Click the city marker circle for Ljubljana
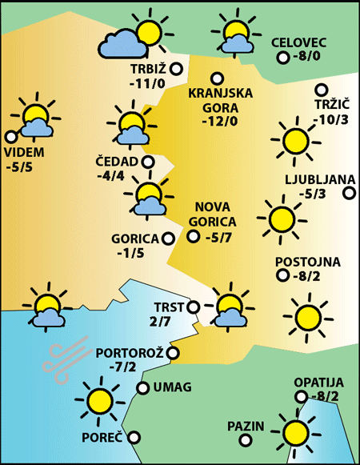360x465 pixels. (x=349, y=193)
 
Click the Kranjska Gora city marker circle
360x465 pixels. (x=216, y=78)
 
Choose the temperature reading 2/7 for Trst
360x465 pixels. (x=160, y=322)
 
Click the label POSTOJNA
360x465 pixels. (x=307, y=262)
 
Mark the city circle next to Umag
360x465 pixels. (x=143, y=388)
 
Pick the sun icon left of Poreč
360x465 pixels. (x=98, y=399)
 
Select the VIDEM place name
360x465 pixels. (x=25, y=153)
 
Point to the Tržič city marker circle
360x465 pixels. (x=322, y=90)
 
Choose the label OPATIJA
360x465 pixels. (x=318, y=382)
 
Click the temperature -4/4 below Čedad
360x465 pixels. (x=110, y=176)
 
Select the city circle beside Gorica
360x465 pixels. (x=168, y=238)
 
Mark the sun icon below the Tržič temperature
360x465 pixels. (x=294, y=140)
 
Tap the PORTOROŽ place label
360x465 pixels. (x=130, y=353)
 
